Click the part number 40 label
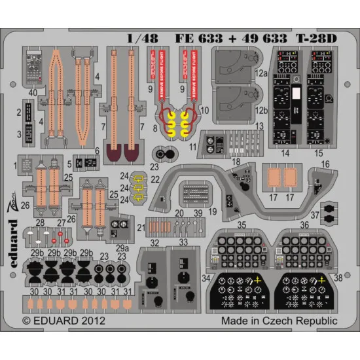(31, 93)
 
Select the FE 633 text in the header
(192, 38)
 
